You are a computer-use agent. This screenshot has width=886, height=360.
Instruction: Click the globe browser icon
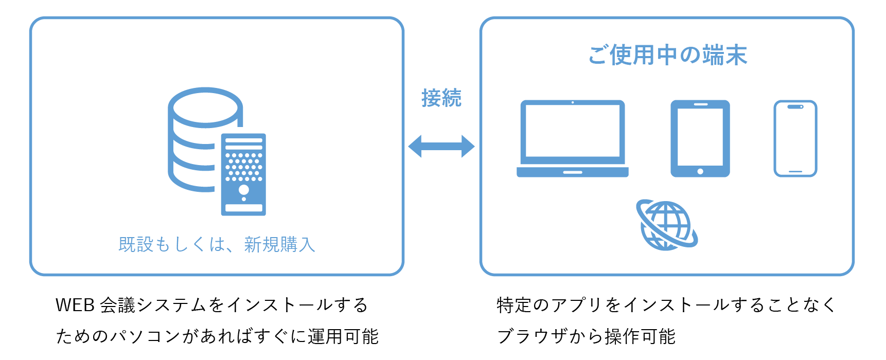[x=667, y=225]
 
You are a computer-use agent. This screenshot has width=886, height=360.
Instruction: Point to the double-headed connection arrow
[x=441, y=147]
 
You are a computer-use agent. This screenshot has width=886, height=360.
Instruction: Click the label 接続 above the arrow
[x=441, y=98]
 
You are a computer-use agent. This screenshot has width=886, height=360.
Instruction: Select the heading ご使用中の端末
[x=667, y=55]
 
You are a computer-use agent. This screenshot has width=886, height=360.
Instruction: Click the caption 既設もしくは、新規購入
[x=217, y=244]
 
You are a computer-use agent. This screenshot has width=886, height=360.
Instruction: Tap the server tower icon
[x=243, y=174]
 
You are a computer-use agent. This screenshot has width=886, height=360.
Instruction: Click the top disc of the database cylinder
[x=205, y=107]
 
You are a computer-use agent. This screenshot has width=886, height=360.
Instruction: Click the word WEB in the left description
[x=75, y=305]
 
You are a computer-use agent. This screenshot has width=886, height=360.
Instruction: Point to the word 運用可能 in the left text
[x=343, y=336]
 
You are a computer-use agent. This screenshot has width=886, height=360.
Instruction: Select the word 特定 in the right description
[x=515, y=305]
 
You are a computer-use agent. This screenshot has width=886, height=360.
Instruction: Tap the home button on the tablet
[x=700, y=171]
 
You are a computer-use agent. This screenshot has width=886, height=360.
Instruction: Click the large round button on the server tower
[x=244, y=189]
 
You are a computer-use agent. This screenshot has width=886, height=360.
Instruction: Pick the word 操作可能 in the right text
[x=640, y=336]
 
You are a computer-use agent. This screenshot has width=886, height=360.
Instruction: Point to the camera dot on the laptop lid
[x=573, y=102]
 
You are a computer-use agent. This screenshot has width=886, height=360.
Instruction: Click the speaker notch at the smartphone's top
[x=795, y=107]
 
